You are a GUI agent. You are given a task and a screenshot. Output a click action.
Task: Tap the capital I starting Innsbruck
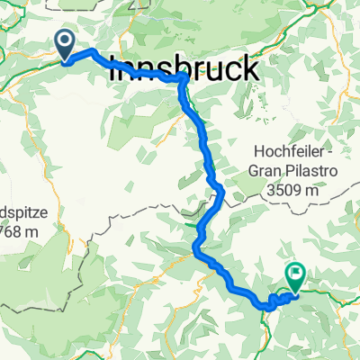pos(112,69)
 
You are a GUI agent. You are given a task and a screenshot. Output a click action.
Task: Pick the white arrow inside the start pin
pos(67,40)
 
